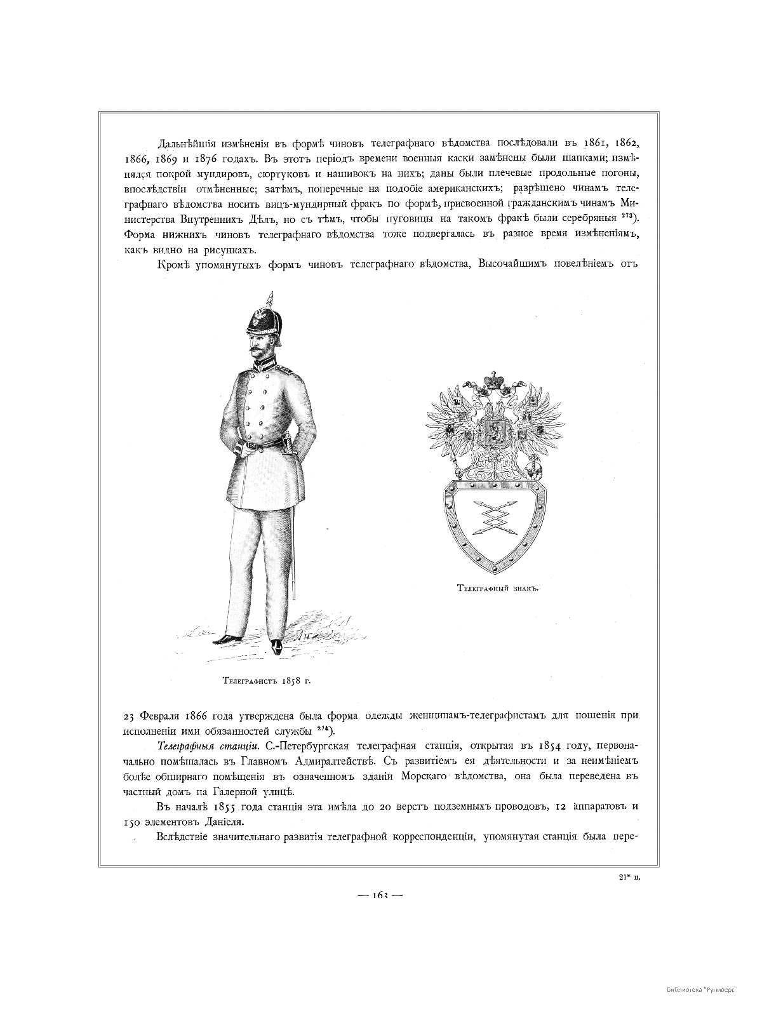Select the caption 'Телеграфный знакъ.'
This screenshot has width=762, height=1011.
497,588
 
